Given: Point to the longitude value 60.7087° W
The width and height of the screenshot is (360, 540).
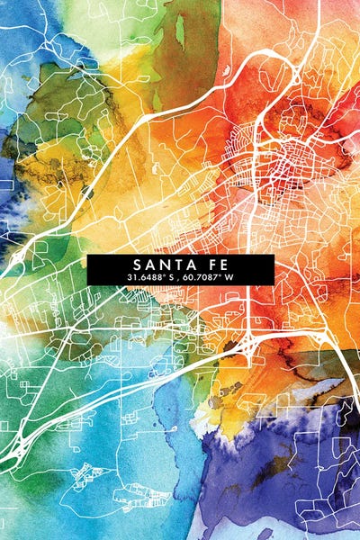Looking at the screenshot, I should (x=208, y=278).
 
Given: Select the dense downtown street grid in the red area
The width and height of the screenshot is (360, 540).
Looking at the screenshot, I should (x=288, y=162).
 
